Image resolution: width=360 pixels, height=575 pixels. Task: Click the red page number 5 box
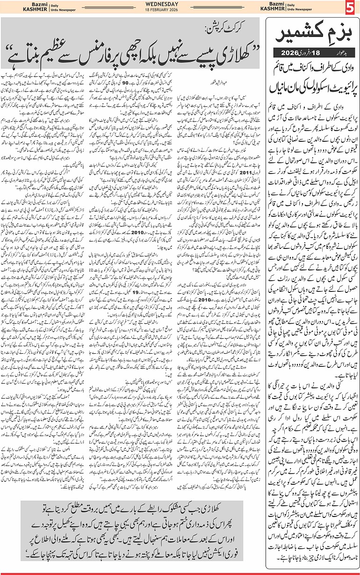[350, 8]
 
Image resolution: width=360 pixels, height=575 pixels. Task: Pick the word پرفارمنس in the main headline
[102, 47]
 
